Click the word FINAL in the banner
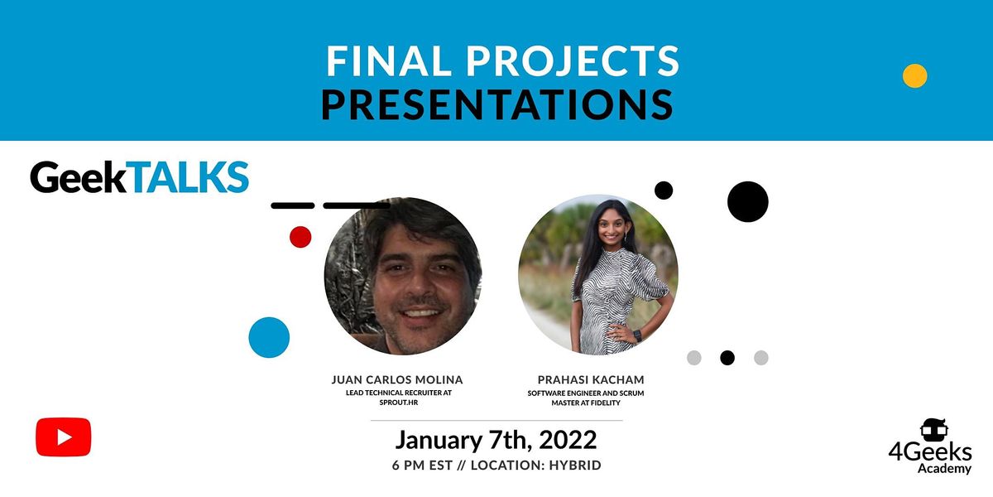point(389,60)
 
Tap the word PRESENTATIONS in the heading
point(497,104)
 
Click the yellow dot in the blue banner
point(914,76)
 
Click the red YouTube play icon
point(64,437)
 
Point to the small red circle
point(300,237)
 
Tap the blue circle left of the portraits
point(269,337)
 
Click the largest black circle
point(748,201)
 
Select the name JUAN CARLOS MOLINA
point(397,380)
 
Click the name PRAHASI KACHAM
point(591,380)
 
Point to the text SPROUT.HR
point(399,403)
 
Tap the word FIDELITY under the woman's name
point(604,403)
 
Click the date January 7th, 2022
point(496,440)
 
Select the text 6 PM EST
point(422,465)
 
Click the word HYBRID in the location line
point(575,465)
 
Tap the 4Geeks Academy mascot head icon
point(934,430)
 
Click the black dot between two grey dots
point(727,358)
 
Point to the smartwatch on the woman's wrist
point(637,335)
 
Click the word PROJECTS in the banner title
point(573,60)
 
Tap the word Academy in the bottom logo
point(944,469)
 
